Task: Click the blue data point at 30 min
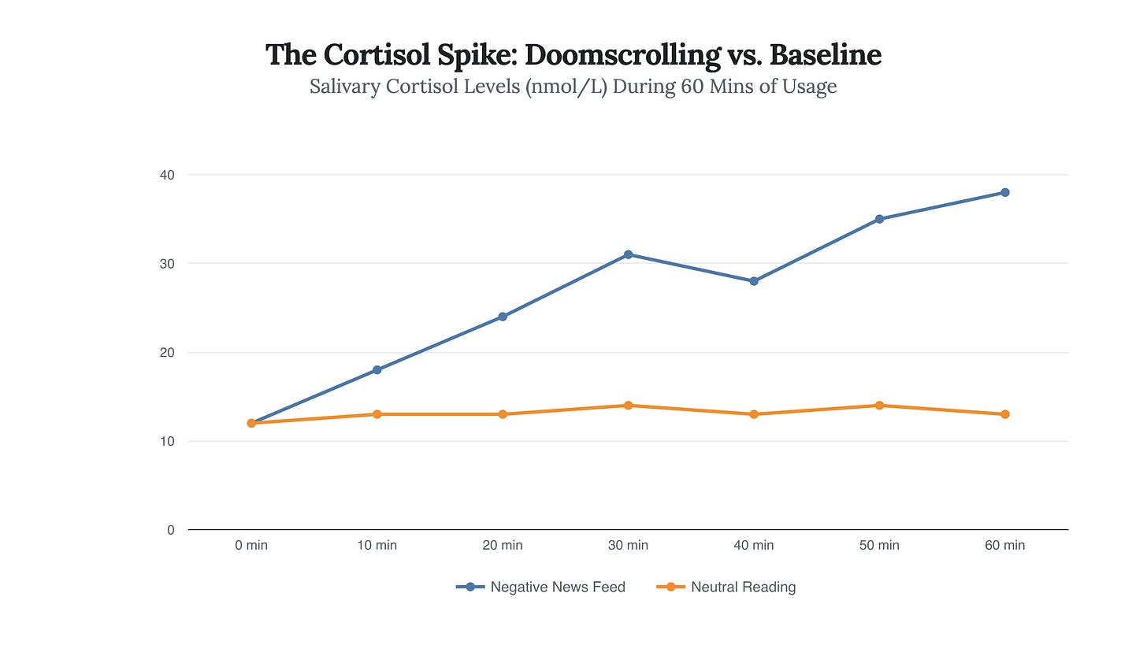click(628, 254)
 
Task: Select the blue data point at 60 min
click(1005, 192)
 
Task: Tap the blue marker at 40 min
click(754, 281)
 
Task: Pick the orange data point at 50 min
click(879, 406)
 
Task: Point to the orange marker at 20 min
click(503, 414)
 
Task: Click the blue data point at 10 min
click(377, 369)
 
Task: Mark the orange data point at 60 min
click(1005, 414)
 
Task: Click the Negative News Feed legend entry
click(541, 587)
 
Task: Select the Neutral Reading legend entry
click(726, 587)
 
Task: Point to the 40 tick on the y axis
click(168, 175)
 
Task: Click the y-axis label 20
click(168, 353)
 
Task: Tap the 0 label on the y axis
click(171, 530)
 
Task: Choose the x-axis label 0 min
click(251, 545)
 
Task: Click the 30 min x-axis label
click(628, 545)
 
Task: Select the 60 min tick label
click(1005, 545)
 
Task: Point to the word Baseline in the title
click(825, 55)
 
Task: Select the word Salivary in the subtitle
click(343, 87)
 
